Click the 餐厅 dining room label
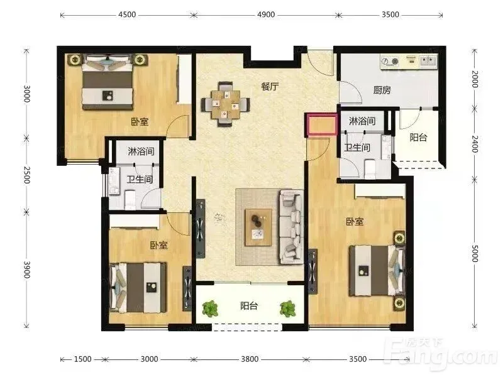click(270, 87)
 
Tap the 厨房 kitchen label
click(382, 90)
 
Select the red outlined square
click(321, 124)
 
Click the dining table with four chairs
click(226, 104)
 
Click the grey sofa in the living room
click(291, 227)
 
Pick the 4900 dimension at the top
click(266, 14)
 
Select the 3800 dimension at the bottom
click(250, 359)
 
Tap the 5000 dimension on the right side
click(475, 253)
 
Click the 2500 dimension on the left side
click(26, 175)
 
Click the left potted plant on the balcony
click(210, 309)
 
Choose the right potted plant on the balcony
click(287, 309)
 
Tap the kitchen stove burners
click(390, 61)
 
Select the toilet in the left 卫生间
click(130, 199)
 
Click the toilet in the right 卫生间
click(370, 169)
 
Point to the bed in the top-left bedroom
click(108, 82)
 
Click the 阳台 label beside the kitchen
click(418, 137)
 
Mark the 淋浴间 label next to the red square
click(362, 121)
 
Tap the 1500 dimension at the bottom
click(83, 359)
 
